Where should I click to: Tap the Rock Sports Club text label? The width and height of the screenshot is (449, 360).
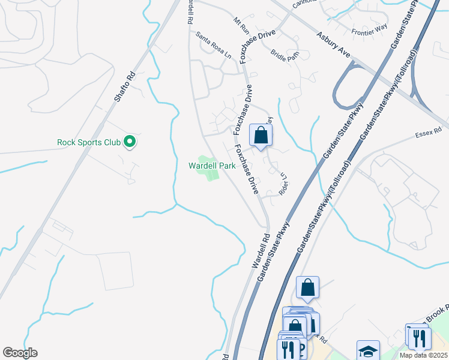pyautogui.click(x=89, y=142)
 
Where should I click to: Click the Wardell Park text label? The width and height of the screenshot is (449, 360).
pyautogui.click(x=211, y=166)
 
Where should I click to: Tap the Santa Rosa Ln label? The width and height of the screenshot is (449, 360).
pyautogui.click(x=214, y=45)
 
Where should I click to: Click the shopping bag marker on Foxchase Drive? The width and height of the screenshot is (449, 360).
pyautogui.click(x=261, y=136)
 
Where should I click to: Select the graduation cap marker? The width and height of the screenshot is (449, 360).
pyautogui.click(x=368, y=352)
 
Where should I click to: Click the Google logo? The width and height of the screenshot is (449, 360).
pyautogui.click(x=20, y=353)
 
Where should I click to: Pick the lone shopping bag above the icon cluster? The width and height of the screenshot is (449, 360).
pyautogui.click(x=307, y=288)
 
